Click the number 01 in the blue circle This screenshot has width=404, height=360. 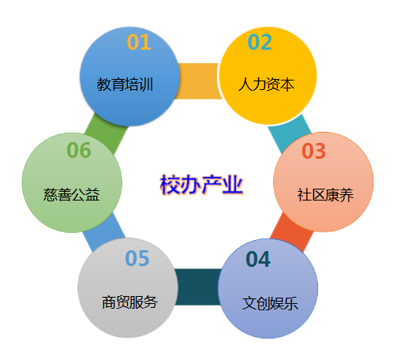pyautogui.click(x=139, y=42)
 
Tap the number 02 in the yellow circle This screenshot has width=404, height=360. pyautogui.click(x=260, y=42)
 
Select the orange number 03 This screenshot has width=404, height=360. pyautogui.click(x=313, y=151)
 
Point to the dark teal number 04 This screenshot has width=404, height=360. pyautogui.click(x=258, y=259)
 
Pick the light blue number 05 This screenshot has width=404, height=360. pyautogui.click(x=137, y=258)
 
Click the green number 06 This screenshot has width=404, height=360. pyautogui.click(x=79, y=150)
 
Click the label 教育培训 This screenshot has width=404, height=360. pyautogui.click(x=125, y=84)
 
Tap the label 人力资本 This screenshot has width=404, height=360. pyautogui.click(x=266, y=84)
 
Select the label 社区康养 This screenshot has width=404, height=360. pyautogui.click(x=325, y=195)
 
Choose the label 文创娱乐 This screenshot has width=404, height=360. pyautogui.click(x=270, y=303)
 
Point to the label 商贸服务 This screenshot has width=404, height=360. pyautogui.click(x=129, y=302)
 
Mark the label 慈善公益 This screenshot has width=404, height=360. pyautogui.click(x=71, y=195)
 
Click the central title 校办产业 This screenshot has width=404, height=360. pyautogui.click(x=201, y=185)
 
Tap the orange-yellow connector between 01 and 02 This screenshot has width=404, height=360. pyautogui.click(x=199, y=81)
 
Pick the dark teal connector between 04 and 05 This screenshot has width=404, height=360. pyautogui.click(x=198, y=287)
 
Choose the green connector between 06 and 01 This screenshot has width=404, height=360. pyautogui.click(x=107, y=133)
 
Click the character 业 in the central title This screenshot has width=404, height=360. pyautogui.click(x=233, y=185)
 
